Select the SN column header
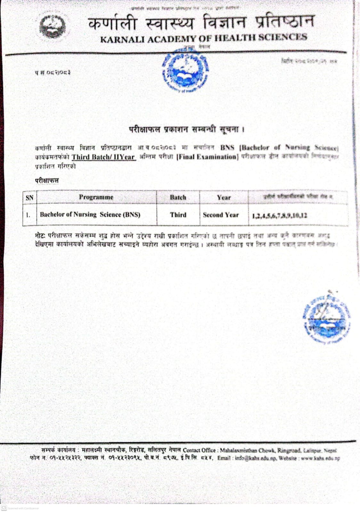pos(29,198)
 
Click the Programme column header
pos(96,197)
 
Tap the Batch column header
pos(178,197)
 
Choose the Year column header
pos(224,198)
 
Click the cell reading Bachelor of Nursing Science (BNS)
pos(90,215)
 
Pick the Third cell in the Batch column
pos(178,215)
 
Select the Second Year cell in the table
pos(221,215)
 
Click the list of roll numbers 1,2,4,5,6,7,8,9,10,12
pos(279,216)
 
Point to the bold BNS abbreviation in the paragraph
pos(227,148)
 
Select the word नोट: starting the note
pos(40,236)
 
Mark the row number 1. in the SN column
pos(28,215)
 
